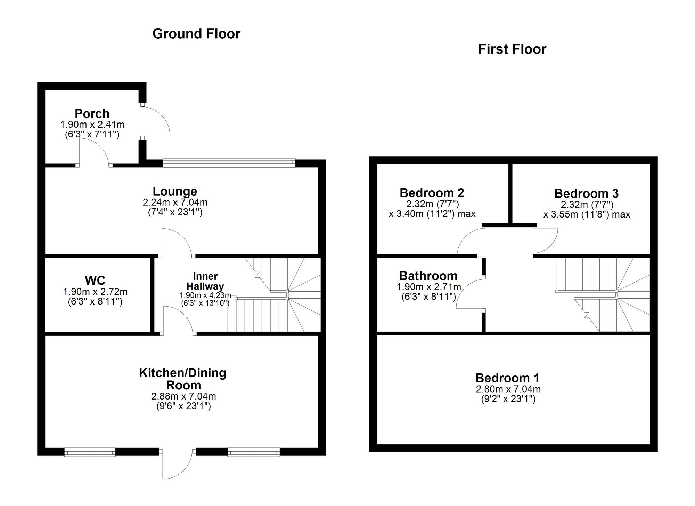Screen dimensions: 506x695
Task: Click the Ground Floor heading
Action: [x=196, y=34]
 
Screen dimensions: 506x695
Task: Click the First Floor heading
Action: [x=512, y=49]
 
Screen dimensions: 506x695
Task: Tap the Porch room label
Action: [x=92, y=113]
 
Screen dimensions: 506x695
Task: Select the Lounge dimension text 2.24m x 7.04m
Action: [x=175, y=202]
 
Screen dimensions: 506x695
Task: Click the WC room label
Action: [x=95, y=280]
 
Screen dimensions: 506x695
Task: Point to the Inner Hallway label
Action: [x=205, y=281]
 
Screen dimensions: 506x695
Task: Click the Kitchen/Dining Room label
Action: [x=183, y=379]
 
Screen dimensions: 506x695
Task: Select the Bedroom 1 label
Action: [x=507, y=378]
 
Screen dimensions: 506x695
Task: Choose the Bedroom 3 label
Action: [x=586, y=193]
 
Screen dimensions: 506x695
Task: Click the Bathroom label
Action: [x=428, y=276]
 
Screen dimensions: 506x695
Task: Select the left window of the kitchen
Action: [x=90, y=453]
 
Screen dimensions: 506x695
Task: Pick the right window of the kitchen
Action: [x=254, y=453]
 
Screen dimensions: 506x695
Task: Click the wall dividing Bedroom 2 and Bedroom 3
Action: [x=510, y=193]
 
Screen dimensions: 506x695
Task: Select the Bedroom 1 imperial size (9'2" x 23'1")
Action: [x=508, y=399]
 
